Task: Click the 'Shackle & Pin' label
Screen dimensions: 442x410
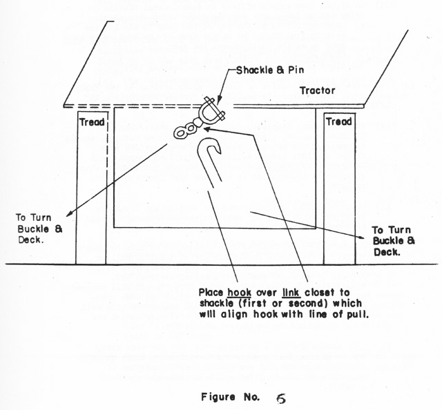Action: pyautogui.click(x=270, y=70)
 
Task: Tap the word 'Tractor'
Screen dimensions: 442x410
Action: pyautogui.click(x=318, y=90)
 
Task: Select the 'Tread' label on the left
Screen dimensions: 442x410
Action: pyautogui.click(x=92, y=122)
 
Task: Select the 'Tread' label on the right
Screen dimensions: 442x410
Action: pyautogui.click(x=339, y=121)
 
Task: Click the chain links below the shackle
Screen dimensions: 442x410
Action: pyautogui.click(x=187, y=129)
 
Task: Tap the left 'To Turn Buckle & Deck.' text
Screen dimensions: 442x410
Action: pyautogui.click(x=39, y=228)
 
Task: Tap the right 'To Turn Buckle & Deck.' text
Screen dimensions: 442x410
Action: pyautogui.click(x=394, y=241)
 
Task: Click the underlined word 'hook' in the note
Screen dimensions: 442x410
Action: pyautogui.click(x=239, y=292)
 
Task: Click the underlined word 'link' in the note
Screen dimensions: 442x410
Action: pyautogui.click(x=291, y=292)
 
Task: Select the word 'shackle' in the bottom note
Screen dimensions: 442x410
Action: pyautogui.click(x=216, y=303)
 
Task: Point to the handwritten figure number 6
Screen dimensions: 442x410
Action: pyautogui.click(x=281, y=398)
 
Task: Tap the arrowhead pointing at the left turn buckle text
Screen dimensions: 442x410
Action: pyautogui.click(x=69, y=213)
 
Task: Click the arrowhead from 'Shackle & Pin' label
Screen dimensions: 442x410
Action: pyautogui.click(x=219, y=102)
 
